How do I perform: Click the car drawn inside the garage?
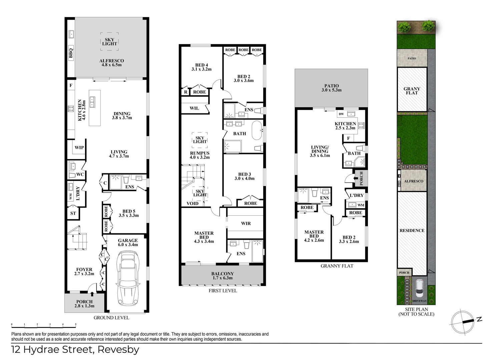[x=128, y=278]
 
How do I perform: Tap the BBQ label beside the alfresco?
[x=71, y=53]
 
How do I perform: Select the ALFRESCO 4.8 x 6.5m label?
[x=112, y=63]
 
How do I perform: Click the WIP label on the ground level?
[x=79, y=147]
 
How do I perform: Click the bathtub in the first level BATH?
[x=257, y=130]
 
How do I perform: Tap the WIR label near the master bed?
[x=246, y=223]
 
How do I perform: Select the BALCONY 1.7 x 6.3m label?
[x=222, y=276]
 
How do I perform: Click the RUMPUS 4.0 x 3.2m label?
[x=200, y=155]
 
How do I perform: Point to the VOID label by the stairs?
[x=192, y=203]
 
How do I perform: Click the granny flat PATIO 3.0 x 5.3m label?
[x=332, y=88]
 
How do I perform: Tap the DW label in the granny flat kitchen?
[x=341, y=114]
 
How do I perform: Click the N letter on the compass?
[x=480, y=319]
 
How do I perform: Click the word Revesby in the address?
[x=118, y=350]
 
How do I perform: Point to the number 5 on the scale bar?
[x=76, y=324]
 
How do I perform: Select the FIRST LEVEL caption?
[x=223, y=291]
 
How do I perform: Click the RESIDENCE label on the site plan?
[x=412, y=231]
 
